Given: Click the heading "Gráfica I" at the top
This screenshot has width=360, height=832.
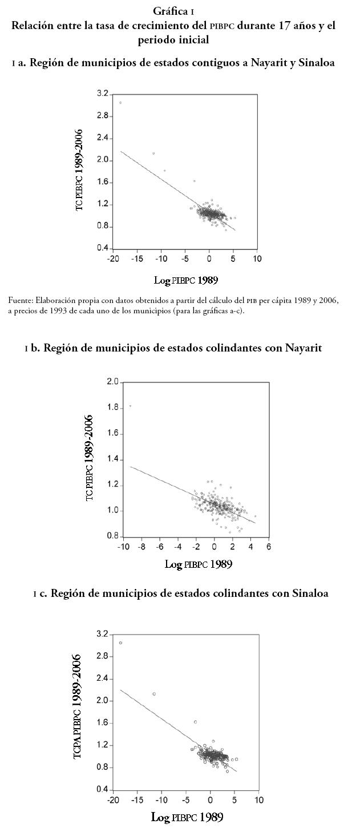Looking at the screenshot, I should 180,11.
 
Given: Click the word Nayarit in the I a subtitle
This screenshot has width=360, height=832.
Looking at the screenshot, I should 272,63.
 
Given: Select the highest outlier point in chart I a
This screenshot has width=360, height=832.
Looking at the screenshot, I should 120,103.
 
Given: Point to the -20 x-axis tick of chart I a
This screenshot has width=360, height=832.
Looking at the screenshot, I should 113,259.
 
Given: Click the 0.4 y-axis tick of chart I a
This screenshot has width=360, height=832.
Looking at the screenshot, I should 103,248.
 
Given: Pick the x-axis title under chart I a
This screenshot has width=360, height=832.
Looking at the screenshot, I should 186,280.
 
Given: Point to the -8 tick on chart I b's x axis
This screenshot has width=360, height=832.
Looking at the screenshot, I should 142,547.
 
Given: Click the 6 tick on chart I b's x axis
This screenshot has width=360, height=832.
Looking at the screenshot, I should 269,547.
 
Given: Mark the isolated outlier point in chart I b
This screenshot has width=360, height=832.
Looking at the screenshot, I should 130,406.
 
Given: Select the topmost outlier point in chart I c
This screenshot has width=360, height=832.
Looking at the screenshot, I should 120,643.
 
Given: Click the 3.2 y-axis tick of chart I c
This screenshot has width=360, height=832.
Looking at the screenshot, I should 103,634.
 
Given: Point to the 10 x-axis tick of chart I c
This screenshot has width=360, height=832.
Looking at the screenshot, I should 258,800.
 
